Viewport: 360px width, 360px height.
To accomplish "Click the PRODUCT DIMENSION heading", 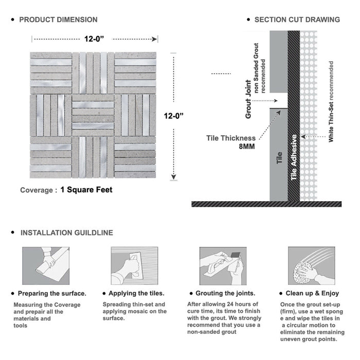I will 58,20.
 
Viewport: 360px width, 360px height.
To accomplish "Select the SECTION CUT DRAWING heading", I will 297,20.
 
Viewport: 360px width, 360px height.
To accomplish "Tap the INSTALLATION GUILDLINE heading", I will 66,232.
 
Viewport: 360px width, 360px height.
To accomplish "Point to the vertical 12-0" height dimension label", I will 174,116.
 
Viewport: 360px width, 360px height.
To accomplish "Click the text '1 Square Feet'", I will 86,190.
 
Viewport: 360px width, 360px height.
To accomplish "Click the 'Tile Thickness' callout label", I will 231,138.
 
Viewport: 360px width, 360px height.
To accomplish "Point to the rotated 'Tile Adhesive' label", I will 294,157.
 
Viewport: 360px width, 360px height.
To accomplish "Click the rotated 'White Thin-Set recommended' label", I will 331,101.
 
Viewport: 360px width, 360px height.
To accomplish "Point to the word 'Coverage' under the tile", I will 36,190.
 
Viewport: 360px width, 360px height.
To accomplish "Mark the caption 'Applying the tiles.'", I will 136,293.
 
